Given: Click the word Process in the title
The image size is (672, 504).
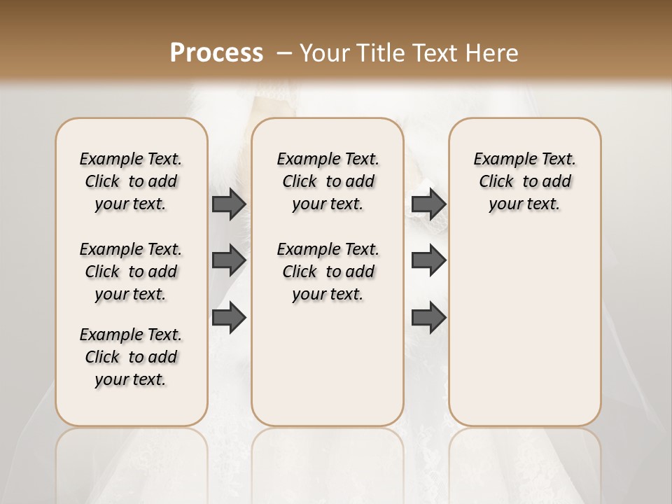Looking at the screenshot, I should pos(216,52).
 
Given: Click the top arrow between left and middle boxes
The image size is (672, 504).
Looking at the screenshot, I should pos(228,204).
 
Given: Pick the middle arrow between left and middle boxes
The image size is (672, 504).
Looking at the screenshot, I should pos(228,260).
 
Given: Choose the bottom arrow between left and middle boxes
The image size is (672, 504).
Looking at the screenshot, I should pos(228,317).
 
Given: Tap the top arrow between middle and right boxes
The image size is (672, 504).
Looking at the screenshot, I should pos(428,204).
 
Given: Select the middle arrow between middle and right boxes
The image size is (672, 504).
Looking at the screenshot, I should pos(428,260).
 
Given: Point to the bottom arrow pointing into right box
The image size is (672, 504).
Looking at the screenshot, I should pos(428,317).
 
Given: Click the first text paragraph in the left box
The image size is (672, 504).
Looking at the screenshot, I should pos(131,181).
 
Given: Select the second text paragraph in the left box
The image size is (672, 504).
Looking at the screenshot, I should pos(131,272).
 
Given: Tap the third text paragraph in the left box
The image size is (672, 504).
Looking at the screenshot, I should pos(131,357).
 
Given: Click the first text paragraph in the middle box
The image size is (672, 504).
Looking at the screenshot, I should pos(328,181).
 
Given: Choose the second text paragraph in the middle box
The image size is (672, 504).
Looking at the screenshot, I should pos(328,272).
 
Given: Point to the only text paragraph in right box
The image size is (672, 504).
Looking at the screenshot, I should pos(524,181).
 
